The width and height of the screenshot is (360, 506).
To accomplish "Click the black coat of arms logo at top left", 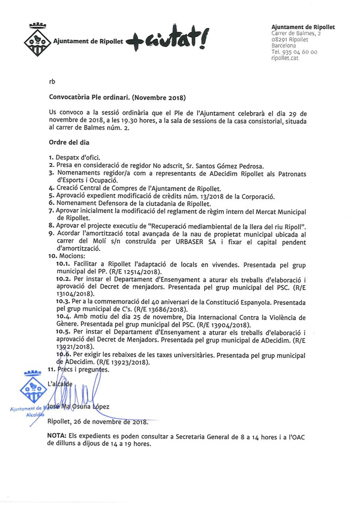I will tap(37, 40).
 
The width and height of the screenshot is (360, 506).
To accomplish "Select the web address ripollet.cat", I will tap(285, 57).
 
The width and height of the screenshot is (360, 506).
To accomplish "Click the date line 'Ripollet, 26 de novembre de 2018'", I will tap(97, 422).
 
